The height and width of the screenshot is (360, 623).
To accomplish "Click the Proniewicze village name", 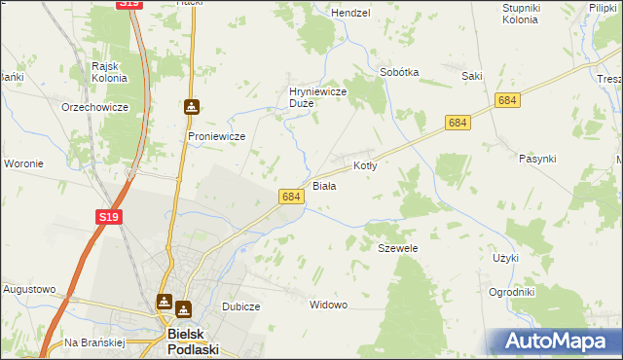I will coord(216,136).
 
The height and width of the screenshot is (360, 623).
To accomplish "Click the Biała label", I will coord(324,185).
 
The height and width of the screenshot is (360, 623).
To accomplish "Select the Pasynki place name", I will coord(537,159).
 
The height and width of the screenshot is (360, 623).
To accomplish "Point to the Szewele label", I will coord(397,248).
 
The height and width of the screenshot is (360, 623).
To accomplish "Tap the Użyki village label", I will coord(506,258).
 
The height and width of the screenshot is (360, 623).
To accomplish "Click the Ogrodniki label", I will coord(511,292).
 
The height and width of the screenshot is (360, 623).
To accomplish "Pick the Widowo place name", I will coord(328,305).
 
